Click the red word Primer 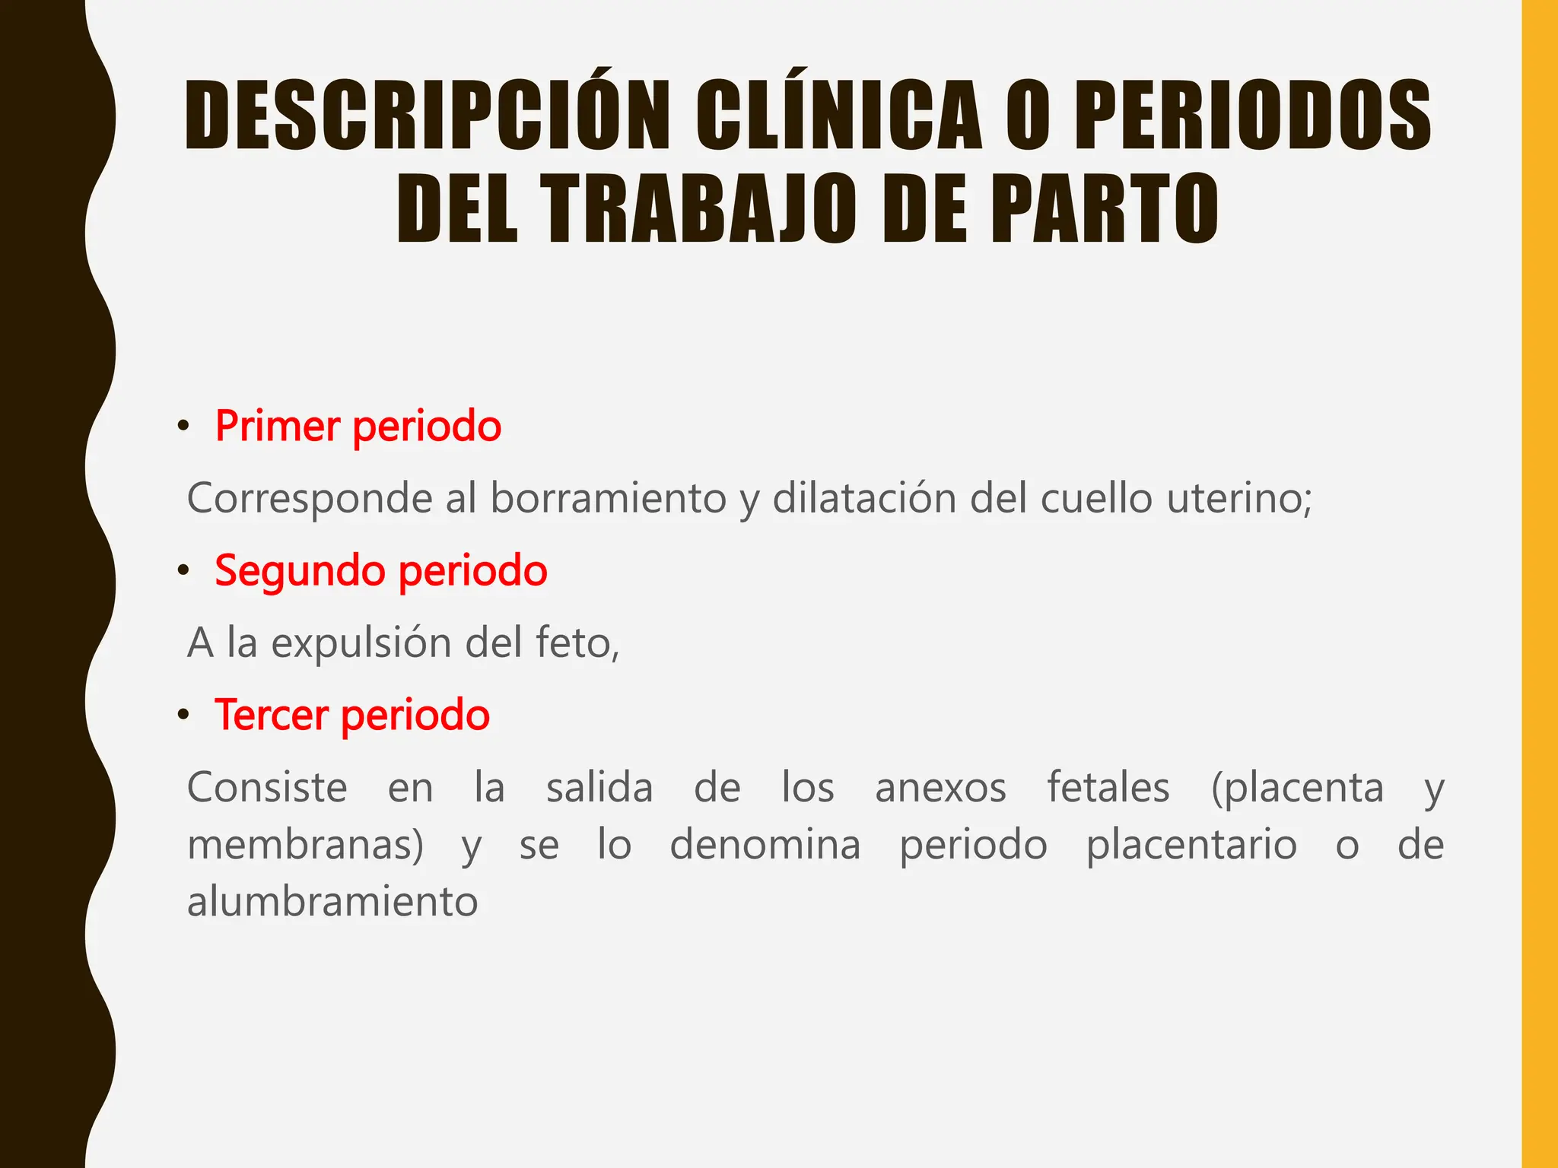point(277,426)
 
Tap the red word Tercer point(271,715)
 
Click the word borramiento point(608,499)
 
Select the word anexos point(940,788)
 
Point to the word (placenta point(1297,788)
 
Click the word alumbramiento point(332,903)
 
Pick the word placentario point(1191,846)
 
